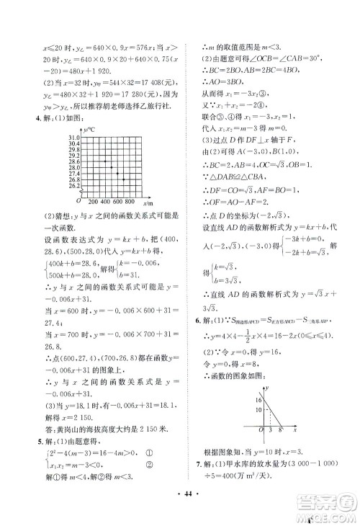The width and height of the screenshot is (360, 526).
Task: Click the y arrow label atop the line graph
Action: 267,388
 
